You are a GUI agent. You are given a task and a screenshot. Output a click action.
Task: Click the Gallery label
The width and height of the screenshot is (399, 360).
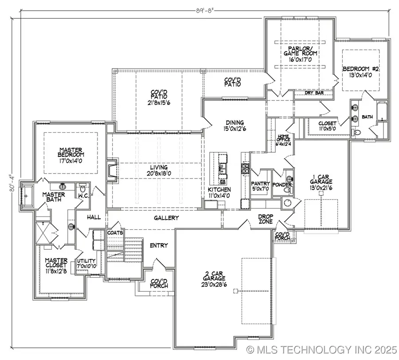coord(166,218)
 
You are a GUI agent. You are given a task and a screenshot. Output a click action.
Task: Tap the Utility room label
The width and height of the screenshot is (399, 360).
coord(86,264)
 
